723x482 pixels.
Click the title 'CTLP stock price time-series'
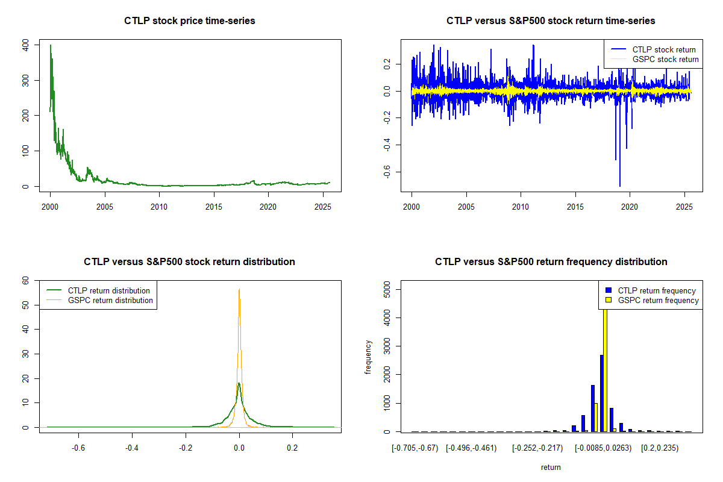point(190,21)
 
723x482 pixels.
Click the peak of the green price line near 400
point(51,45)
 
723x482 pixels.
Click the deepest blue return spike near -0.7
point(620,186)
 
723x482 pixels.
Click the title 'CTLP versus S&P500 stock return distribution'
point(190,262)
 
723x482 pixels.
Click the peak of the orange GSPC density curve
point(239,289)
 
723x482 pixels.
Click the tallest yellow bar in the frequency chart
point(605,368)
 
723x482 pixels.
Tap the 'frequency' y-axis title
point(368,357)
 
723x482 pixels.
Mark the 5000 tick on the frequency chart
point(388,290)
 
